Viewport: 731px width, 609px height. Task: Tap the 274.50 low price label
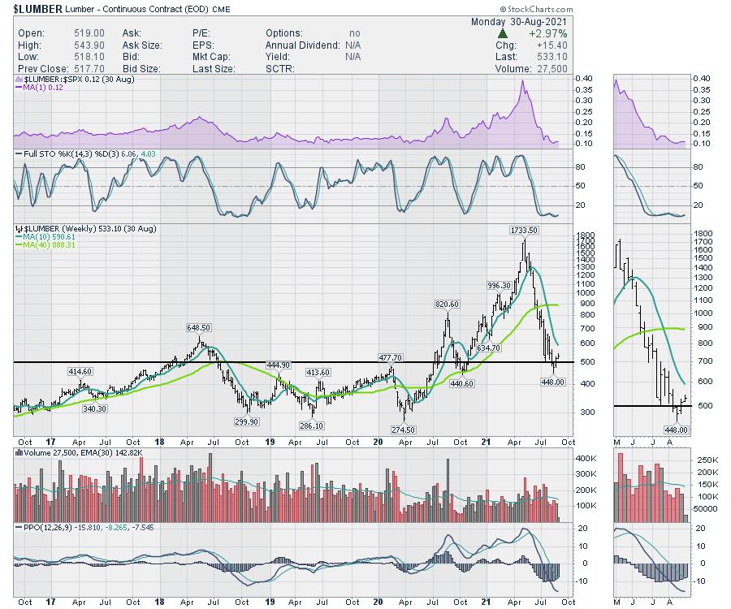(404, 430)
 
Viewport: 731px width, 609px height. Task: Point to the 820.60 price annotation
(446, 304)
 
